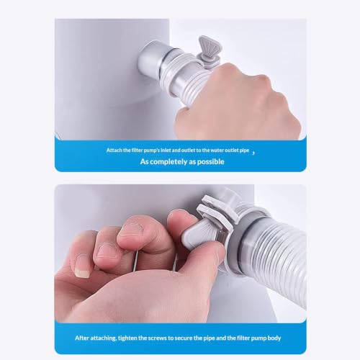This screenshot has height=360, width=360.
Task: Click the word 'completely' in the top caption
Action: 168,161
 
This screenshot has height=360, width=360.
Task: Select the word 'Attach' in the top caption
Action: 114,150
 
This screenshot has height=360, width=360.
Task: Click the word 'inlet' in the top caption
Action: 166,150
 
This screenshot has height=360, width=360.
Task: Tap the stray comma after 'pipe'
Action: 253,153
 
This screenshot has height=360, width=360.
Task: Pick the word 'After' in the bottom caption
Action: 82,338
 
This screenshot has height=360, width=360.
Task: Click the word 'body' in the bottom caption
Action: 274,338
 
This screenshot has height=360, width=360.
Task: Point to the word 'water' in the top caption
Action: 216,150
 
